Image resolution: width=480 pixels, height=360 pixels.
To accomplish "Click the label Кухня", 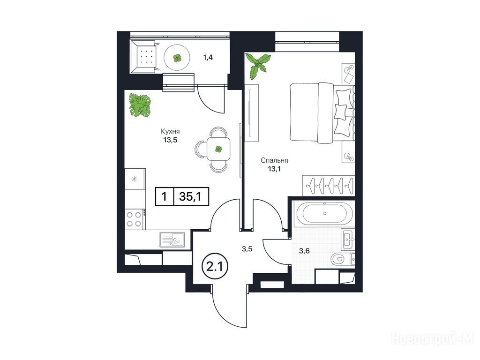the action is click(x=170, y=132).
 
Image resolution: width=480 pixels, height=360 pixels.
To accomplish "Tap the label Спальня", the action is click(x=274, y=160).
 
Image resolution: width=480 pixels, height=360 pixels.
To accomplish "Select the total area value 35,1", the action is click(x=190, y=196).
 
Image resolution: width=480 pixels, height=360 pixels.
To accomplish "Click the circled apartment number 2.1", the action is click(x=215, y=267).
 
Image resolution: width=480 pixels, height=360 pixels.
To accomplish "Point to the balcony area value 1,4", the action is click(x=208, y=57).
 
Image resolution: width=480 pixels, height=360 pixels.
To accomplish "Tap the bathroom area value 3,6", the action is click(x=305, y=251).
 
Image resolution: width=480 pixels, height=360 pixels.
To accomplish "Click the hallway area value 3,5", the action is click(x=247, y=249).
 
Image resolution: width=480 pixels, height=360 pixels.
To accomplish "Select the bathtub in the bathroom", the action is click(x=325, y=213).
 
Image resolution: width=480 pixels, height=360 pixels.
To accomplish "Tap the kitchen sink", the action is click(x=172, y=240).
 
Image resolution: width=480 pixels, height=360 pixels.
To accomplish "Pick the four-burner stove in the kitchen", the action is click(x=135, y=219).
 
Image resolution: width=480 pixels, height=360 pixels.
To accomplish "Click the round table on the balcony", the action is click(x=177, y=58).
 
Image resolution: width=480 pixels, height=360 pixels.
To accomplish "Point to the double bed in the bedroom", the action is click(x=322, y=112).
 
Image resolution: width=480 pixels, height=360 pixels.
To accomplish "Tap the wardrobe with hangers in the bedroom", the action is click(x=329, y=186).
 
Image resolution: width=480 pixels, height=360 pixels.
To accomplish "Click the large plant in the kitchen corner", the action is click(x=140, y=105).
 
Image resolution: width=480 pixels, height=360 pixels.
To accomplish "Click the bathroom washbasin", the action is click(x=348, y=239).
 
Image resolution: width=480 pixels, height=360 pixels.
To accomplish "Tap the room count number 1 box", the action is click(x=165, y=196).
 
